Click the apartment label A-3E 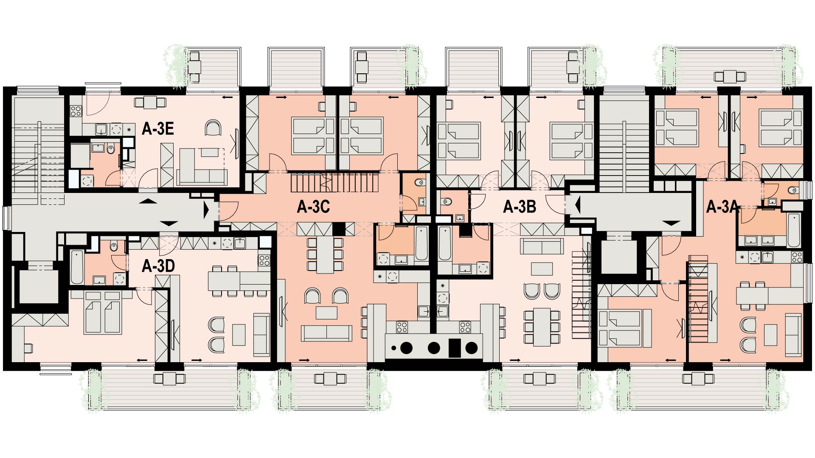[x=158, y=129]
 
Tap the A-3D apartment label [x=158, y=266]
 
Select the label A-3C [x=313, y=207]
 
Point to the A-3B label [x=520, y=207]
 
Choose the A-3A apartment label [x=722, y=207]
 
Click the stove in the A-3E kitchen [x=76, y=111]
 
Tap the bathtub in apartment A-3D [x=77, y=267]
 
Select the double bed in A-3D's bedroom [x=103, y=312]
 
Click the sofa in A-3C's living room [x=326, y=333]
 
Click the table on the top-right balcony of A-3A [x=730, y=76]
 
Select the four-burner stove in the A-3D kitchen [x=264, y=260]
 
